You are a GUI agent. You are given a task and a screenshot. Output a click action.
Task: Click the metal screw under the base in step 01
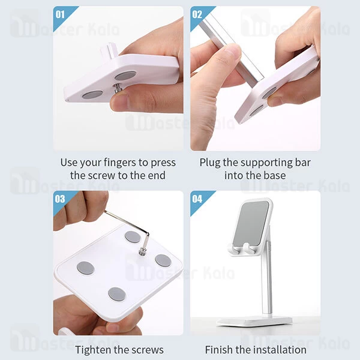(x=118, y=88)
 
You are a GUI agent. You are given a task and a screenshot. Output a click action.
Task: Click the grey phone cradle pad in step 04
(x=251, y=223)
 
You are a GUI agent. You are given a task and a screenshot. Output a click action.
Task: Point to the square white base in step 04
(x=254, y=321)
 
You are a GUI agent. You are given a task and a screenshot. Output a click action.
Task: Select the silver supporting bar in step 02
(x=230, y=52)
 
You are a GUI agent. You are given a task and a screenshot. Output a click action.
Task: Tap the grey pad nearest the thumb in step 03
(x=116, y=295)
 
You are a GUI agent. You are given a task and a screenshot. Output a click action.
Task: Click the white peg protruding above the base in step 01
(x=109, y=50)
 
